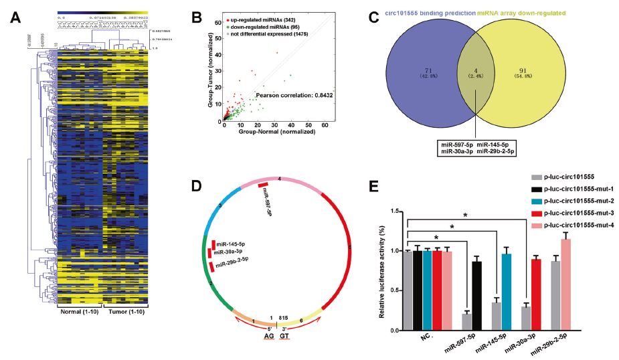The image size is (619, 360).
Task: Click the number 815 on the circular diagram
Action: pyautogui.click(x=284, y=319)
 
